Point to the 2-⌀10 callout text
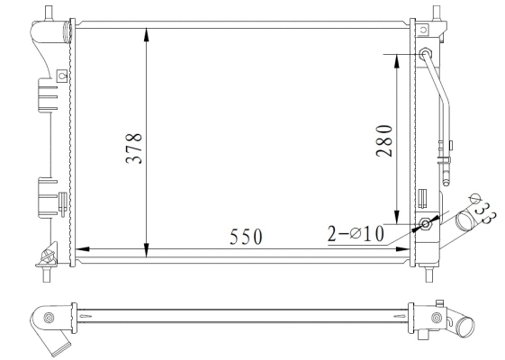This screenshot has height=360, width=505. pyautogui.click(x=356, y=234)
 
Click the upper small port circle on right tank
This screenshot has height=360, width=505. pyautogui.click(x=425, y=54)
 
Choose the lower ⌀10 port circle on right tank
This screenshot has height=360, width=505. pyautogui.click(x=424, y=224)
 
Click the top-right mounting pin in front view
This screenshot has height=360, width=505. pyautogui.click(x=437, y=12)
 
